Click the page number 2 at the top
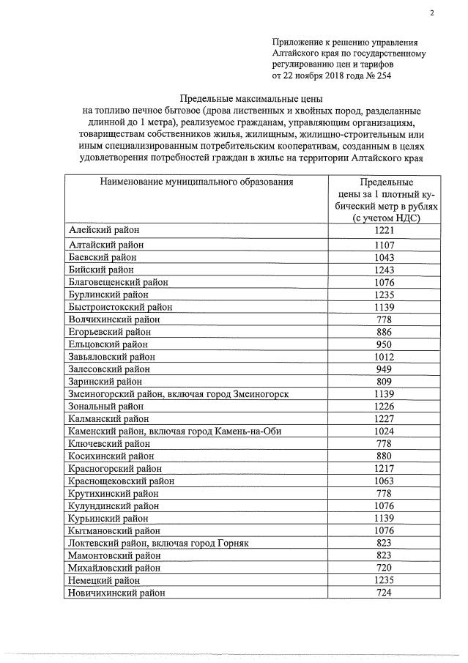(x=431, y=12)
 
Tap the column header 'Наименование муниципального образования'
(x=193, y=182)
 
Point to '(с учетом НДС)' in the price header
(x=385, y=218)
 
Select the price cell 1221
(x=385, y=231)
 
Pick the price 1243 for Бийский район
(x=385, y=270)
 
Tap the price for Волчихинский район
(x=385, y=319)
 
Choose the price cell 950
(x=385, y=344)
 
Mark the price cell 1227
(x=385, y=419)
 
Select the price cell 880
(x=385, y=456)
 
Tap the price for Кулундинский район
(x=385, y=505)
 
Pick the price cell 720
(x=385, y=568)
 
